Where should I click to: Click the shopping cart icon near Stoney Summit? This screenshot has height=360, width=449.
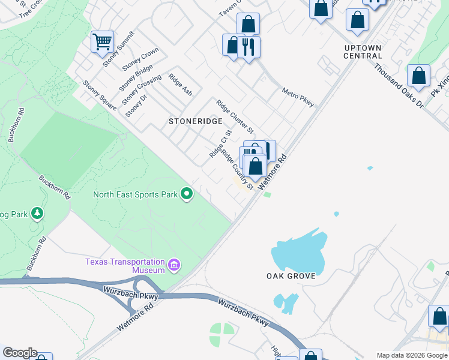(x=102, y=42)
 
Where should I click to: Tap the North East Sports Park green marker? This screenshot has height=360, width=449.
(x=187, y=194)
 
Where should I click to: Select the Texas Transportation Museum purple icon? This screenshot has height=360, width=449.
(x=174, y=264)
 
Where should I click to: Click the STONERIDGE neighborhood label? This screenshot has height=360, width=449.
(x=191, y=121)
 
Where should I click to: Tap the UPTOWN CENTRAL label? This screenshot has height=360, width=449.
(x=363, y=52)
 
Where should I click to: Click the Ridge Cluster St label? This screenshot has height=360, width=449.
(x=235, y=116)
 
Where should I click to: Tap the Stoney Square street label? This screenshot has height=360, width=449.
(x=100, y=95)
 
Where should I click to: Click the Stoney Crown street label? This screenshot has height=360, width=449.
(x=140, y=59)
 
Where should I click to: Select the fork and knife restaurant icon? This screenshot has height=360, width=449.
(x=249, y=46)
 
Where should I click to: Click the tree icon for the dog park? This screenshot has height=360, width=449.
(x=37, y=213)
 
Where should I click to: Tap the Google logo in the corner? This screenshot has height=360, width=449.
(x=20, y=353)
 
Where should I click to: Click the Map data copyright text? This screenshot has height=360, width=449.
(x=412, y=355)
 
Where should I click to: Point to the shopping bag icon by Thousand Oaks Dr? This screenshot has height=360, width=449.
(x=418, y=76)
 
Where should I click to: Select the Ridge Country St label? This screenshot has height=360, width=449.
(x=238, y=170)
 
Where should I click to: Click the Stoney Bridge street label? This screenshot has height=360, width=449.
(x=136, y=77)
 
